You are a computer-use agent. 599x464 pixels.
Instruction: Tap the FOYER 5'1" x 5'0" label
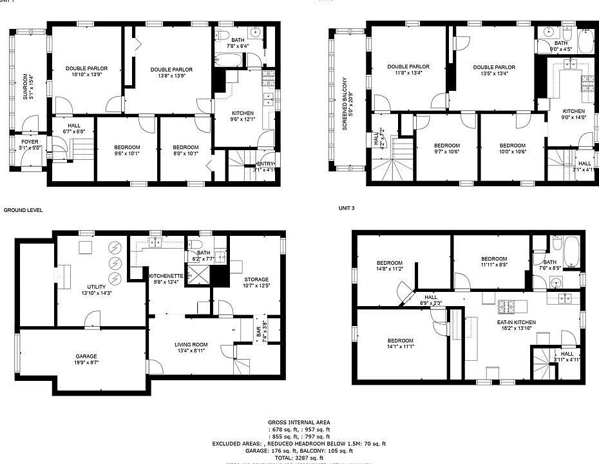(30, 144)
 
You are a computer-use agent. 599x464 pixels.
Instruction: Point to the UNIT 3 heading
(347, 208)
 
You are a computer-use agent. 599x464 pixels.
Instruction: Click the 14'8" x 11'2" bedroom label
(390, 266)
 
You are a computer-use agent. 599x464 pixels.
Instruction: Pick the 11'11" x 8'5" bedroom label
(494, 261)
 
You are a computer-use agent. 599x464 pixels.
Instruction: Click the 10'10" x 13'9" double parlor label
(86, 72)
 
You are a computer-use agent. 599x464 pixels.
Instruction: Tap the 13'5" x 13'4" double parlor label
(494, 70)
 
